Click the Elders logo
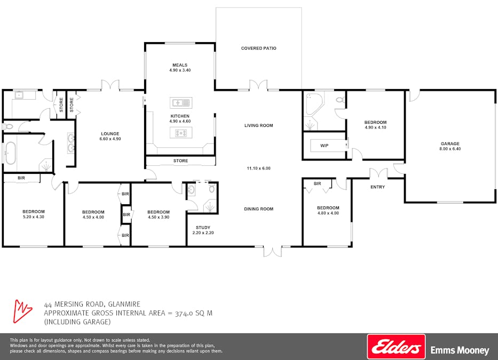tap(396, 346)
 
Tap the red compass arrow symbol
tap(22, 311)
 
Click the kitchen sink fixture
tap(181, 103)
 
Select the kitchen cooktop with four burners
tap(181, 133)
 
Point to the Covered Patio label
tap(258, 48)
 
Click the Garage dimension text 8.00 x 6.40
tap(450, 149)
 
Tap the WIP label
tap(325, 146)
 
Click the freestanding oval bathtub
tap(11, 153)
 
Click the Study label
tap(203, 228)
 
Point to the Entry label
tap(377, 187)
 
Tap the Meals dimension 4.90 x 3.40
tap(180, 70)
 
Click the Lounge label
tap(110, 134)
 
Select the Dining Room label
tap(258, 209)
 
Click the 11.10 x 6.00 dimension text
tap(258, 168)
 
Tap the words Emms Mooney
tap(460, 350)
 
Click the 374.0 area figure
tap(185, 314)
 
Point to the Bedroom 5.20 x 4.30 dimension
tap(34, 217)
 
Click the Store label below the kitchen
tap(181, 161)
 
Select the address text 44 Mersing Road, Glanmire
tap(92, 304)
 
